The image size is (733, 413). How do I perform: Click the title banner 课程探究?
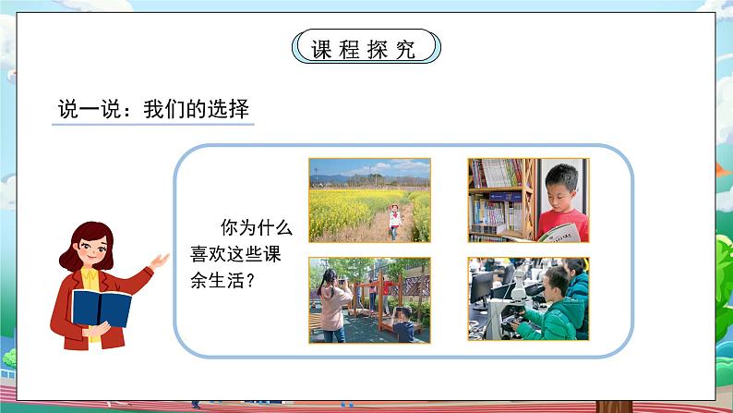pyautogui.click(x=366, y=47)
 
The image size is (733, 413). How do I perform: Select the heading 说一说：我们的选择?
pyautogui.click(x=150, y=109)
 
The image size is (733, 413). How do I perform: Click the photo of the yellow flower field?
pyautogui.click(x=369, y=200)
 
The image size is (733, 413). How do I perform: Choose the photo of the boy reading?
pyautogui.click(x=529, y=200)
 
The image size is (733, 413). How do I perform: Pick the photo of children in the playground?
pyautogui.click(x=369, y=298)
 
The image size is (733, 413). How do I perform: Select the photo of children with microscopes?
pyautogui.click(x=529, y=298)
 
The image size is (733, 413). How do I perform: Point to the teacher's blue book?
pyautogui.click(x=101, y=307)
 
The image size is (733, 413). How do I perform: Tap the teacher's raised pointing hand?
pyautogui.click(x=160, y=262)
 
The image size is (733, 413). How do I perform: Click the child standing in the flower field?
pyautogui.click(x=395, y=221)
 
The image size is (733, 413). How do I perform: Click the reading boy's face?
pyautogui.click(x=559, y=191)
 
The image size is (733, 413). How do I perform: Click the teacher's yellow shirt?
pyautogui.click(x=90, y=278)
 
